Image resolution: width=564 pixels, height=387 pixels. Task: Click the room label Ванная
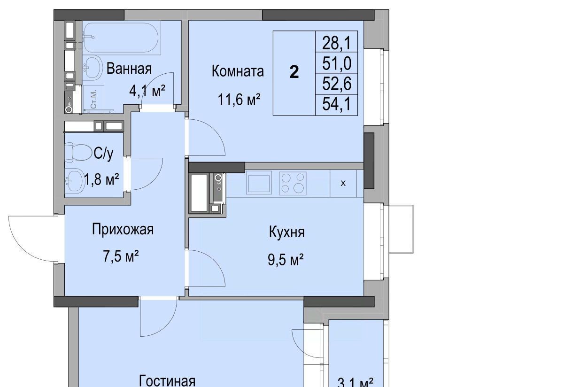[129, 69]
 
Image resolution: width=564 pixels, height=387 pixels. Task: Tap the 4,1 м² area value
[147, 91]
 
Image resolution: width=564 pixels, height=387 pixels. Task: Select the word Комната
[238, 71]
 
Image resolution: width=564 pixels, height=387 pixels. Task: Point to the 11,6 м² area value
[239, 100]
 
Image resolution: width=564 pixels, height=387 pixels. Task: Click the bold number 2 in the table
[294, 72]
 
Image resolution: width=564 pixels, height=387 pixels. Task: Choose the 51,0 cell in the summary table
[336, 63]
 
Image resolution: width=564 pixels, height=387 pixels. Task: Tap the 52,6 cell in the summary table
[336, 84]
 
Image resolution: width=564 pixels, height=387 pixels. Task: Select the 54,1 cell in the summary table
[336, 105]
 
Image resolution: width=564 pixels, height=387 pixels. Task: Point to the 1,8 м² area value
[101, 179]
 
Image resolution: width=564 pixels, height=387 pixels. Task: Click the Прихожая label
[123, 229]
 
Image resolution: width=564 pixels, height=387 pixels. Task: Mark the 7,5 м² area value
[121, 256]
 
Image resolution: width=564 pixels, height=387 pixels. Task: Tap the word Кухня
[287, 232]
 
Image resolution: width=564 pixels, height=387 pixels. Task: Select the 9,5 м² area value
[286, 259]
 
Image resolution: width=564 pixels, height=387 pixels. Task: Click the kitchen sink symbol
[259, 183]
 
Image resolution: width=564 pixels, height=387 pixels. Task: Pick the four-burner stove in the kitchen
[293, 183]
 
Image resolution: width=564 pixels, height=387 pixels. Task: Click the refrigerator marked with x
[343, 183]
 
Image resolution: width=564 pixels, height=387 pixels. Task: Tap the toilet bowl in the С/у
[78, 152]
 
